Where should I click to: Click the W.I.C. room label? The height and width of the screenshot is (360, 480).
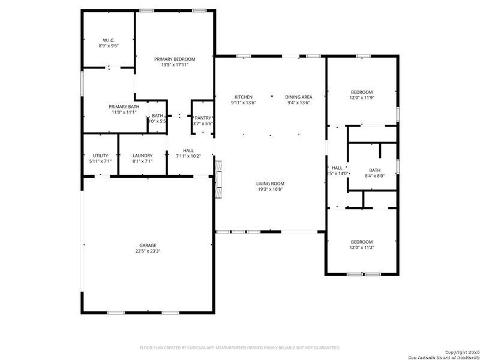(108, 40)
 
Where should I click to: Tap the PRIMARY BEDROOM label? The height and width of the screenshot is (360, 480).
(175, 59)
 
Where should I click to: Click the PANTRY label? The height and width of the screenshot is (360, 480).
(203, 118)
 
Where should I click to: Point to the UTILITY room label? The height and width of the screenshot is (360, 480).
(100, 155)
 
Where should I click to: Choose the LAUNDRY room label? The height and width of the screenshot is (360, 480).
(142, 155)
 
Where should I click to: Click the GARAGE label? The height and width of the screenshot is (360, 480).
(148, 245)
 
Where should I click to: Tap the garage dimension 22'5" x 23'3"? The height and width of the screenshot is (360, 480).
(148, 251)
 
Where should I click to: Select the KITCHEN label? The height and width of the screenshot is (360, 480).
(243, 97)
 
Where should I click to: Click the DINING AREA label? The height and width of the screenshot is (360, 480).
(298, 97)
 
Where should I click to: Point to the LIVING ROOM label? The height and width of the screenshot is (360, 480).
(270, 184)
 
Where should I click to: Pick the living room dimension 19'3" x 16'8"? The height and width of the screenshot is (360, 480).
(270, 190)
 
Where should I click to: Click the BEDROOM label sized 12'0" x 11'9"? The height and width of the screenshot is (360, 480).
(362, 92)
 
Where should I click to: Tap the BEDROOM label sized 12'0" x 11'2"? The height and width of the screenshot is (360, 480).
(362, 242)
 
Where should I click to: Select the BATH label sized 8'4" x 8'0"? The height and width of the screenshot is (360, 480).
(374, 170)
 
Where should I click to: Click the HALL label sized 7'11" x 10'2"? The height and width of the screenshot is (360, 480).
(188, 151)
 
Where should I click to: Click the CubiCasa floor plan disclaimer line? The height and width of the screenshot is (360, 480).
(240, 347)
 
